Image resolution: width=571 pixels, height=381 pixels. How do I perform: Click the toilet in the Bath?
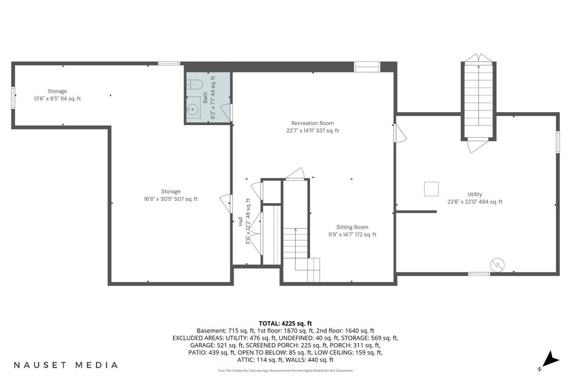coord(195,84)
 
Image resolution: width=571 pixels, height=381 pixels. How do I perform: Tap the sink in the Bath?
coord(193,108)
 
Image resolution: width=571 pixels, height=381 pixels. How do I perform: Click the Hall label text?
coord(240,221)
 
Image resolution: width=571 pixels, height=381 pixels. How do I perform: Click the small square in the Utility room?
coord(431,189)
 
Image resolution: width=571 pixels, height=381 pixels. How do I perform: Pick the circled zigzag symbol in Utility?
coord(497,265)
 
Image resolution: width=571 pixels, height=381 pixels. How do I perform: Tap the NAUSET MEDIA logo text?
coord(66,365)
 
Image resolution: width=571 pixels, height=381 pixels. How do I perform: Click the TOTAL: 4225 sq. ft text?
coord(285,324)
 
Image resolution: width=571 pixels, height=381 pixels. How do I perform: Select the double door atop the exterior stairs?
coord(478,58)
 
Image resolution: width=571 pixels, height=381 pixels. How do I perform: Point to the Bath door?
coord(228,112)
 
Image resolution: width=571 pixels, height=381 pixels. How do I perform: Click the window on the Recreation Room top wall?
coord(367,67)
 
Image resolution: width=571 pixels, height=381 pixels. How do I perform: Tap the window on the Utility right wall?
coord(557,142)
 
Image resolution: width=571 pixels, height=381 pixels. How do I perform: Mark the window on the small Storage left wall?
coord(13,98)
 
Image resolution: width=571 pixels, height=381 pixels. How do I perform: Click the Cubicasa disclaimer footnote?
coord(285,371)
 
